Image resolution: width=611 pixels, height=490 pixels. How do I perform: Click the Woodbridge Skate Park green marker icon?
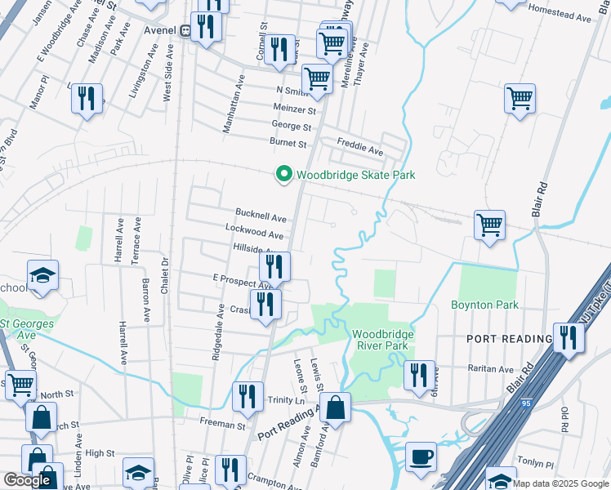point(283,175)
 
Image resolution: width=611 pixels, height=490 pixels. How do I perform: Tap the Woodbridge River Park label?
point(383,340)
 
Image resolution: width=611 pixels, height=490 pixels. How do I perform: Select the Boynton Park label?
point(485,305)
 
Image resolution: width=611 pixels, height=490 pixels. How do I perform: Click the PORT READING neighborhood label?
point(510,338)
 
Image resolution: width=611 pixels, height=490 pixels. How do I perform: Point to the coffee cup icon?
point(421,457)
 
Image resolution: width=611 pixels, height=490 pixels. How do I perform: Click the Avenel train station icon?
point(186,30)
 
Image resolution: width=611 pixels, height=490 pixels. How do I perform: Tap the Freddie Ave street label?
point(360,151)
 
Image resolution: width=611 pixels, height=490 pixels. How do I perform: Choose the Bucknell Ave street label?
point(261,219)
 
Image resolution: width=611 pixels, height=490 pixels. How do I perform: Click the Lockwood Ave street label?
point(258,235)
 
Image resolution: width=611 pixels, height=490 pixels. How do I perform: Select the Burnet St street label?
point(288,144)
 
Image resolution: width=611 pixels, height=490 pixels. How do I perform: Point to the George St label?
point(292,127)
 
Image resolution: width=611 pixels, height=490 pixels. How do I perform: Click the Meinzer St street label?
point(295,109)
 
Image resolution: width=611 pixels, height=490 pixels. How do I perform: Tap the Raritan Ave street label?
point(490,369)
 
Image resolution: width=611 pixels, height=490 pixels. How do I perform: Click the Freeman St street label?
point(223,425)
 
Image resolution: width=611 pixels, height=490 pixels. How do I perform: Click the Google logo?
point(28,481)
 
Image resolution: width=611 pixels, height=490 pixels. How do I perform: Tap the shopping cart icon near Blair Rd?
point(488,224)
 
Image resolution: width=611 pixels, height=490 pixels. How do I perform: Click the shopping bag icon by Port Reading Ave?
point(335,406)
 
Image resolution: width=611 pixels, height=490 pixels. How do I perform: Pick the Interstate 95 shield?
point(524,402)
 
